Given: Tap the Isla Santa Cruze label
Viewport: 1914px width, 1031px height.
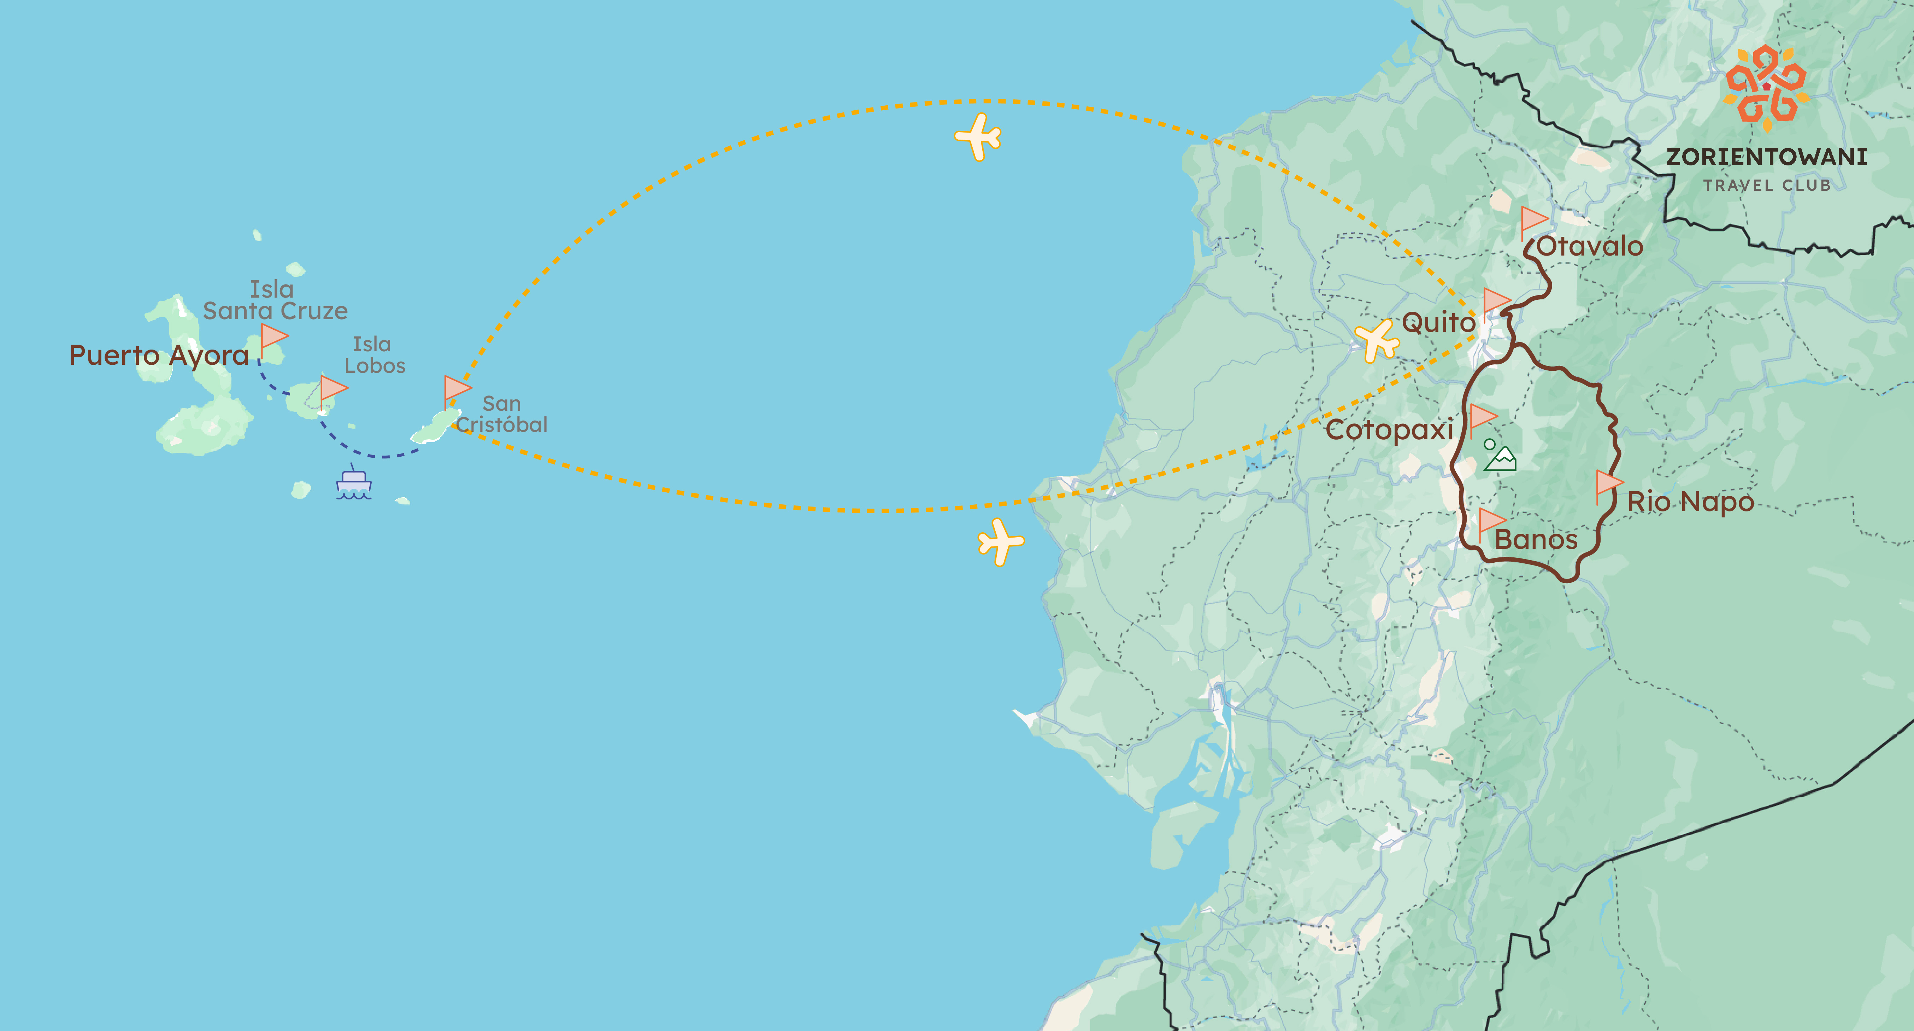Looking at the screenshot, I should pos(275,300).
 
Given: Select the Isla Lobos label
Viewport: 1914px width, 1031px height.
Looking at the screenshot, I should pos(375,355).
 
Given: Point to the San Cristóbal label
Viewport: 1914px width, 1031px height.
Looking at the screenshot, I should pos(501,414).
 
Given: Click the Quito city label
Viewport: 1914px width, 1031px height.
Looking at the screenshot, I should pos(1438,323).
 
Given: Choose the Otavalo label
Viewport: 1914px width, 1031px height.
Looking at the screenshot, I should pos(1589,246).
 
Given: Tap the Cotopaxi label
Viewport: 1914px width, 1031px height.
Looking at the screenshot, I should pos(1389,430).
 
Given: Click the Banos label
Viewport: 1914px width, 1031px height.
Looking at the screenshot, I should pos(1536,540).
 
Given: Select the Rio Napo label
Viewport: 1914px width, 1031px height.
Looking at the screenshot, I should pos(1690,502).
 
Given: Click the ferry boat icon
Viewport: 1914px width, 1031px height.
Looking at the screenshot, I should pos(354,484).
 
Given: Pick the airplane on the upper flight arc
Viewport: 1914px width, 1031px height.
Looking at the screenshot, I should pos(978,137).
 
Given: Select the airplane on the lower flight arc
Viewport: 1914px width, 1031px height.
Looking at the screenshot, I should pos(1001,542).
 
